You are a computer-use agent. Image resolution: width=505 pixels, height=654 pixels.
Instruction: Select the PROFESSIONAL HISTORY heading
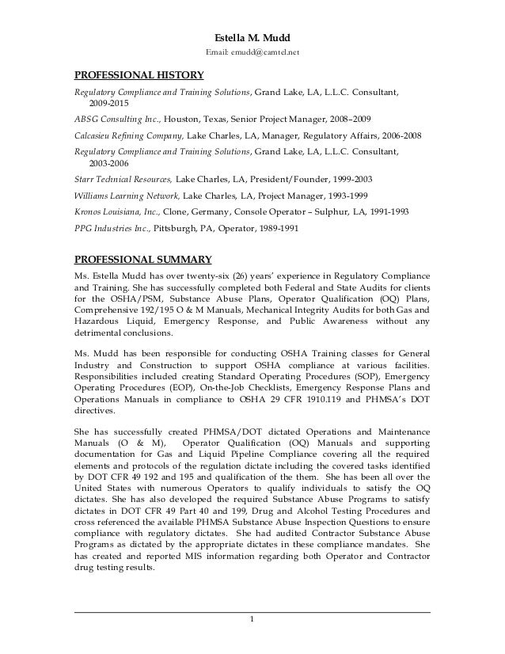(139, 77)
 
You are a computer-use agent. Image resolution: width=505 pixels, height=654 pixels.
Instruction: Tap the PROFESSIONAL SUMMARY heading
(142, 258)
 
